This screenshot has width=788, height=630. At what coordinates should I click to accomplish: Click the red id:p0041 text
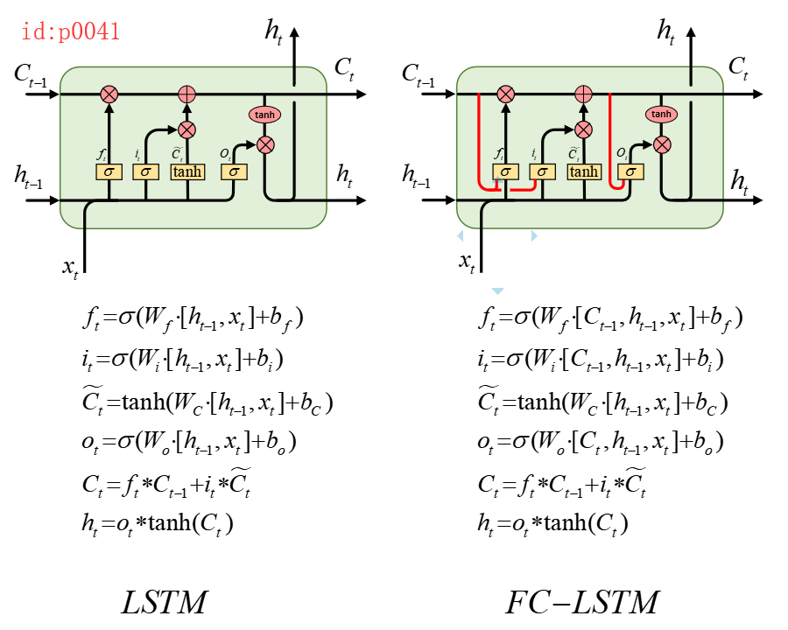[70, 33]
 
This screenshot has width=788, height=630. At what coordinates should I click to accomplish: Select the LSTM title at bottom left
[165, 603]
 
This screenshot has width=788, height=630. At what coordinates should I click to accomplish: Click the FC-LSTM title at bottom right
[581, 603]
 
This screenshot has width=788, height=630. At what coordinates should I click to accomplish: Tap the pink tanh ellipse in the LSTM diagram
[265, 115]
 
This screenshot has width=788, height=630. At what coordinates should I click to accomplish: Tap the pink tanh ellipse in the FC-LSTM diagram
[662, 115]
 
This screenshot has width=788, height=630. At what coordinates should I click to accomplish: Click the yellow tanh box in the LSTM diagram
[186, 171]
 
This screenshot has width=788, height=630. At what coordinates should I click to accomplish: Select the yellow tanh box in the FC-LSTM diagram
[583, 171]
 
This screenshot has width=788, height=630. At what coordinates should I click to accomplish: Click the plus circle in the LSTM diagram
[186, 94]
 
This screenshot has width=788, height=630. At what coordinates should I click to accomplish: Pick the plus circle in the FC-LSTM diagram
[583, 94]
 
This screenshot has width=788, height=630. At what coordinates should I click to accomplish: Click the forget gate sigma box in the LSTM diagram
[109, 171]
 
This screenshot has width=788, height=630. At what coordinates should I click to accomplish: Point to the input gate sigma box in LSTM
[145, 171]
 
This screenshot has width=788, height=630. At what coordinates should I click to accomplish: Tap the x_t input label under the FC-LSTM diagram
[468, 261]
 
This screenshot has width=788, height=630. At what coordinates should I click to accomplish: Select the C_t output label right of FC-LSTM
[738, 66]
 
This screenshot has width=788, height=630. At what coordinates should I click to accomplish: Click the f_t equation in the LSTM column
[192, 317]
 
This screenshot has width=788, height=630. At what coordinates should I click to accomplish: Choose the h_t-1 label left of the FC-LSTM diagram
[418, 177]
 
